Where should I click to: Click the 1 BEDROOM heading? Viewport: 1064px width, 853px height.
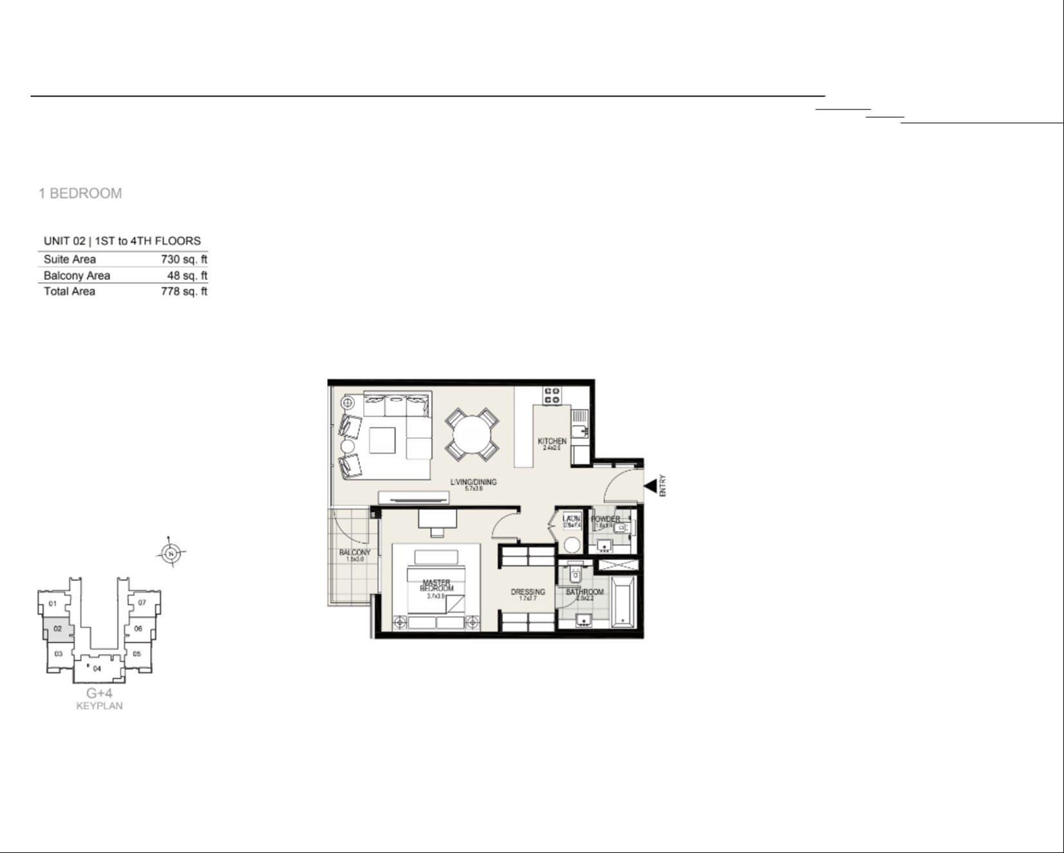pyautogui.click(x=80, y=193)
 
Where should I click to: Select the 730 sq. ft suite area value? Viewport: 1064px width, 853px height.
pyautogui.click(x=183, y=259)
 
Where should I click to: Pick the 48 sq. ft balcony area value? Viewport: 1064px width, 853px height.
pyautogui.click(x=187, y=276)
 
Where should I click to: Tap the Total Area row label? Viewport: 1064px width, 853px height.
pyautogui.click(x=70, y=292)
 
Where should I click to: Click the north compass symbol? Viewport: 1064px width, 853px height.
pyautogui.click(x=171, y=553)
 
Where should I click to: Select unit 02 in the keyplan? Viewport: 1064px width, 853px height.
pyautogui.click(x=58, y=629)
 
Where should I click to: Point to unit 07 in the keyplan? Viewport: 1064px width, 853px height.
pyautogui.click(x=142, y=603)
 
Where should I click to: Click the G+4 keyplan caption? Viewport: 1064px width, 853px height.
pyautogui.click(x=100, y=693)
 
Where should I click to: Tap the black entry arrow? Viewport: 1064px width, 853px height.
pyautogui.click(x=650, y=486)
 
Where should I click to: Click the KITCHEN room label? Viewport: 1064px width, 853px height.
pyautogui.click(x=552, y=442)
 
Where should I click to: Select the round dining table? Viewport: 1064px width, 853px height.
pyautogui.click(x=472, y=435)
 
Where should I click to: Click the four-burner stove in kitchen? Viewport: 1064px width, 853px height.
pyautogui.click(x=552, y=395)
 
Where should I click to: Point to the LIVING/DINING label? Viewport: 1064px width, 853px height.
pyautogui.click(x=473, y=482)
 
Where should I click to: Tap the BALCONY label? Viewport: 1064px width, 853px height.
pyautogui.click(x=355, y=553)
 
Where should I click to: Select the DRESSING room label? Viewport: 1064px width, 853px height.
pyautogui.click(x=528, y=592)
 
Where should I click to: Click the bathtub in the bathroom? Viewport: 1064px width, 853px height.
pyautogui.click(x=623, y=602)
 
